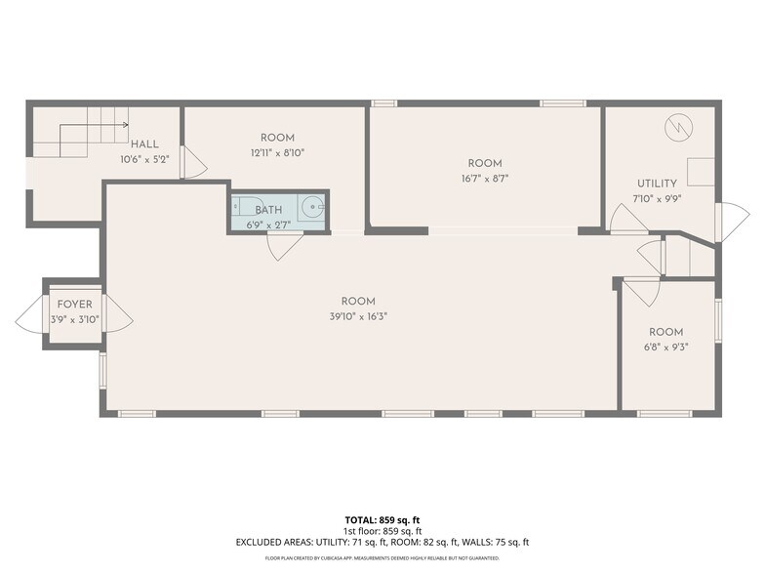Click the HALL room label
[144, 144]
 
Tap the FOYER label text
[74, 305]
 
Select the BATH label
[268, 210]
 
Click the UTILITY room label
[657, 184]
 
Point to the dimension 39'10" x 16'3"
[358, 315]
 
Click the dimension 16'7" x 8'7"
[484, 178]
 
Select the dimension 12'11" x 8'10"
[277, 152]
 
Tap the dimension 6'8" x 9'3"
[666, 346]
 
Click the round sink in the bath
[311, 207]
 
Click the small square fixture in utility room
[699, 172]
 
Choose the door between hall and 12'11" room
[193, 163]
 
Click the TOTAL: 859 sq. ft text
[382, 519]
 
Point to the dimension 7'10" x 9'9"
[657, 198]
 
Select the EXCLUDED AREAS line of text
[382, 542]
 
